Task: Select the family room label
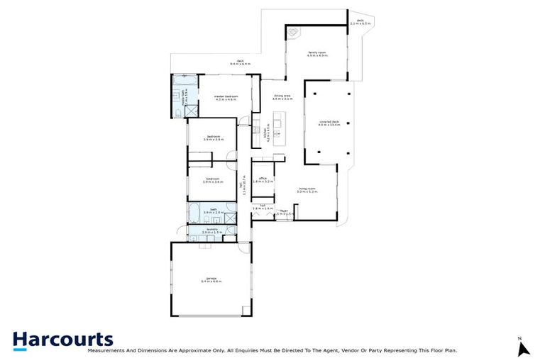point(316,53)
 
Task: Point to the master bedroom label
point(225,98)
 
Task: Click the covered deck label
point(330,123)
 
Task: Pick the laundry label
point(212,230)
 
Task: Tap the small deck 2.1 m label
point(360,23)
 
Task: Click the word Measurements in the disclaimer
point(104,350)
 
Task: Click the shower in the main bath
point(232,211)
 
